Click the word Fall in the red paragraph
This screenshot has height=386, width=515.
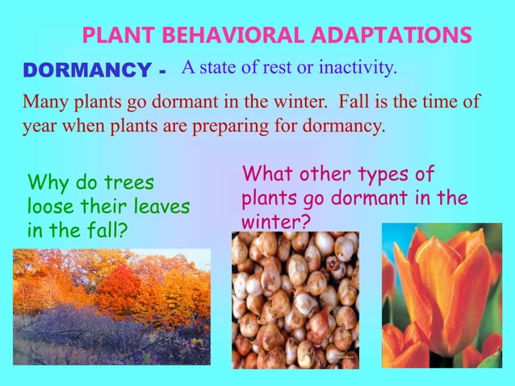(355, 104)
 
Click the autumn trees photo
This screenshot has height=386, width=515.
(111, 308)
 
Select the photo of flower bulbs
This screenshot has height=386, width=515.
(295, 300)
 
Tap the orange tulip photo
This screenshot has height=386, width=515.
(441, 296)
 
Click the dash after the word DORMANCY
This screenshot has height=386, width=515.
(164, 73)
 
